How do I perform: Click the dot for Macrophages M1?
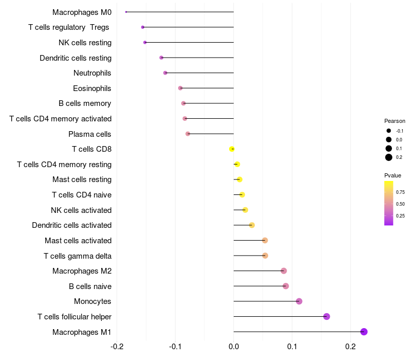point(364,332)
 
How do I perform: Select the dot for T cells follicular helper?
point(326,316)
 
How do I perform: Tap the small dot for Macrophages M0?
point(126,12)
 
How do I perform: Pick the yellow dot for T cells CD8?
point(232,149)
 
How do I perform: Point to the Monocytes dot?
point(299,301)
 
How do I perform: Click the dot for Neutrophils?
point(165,73)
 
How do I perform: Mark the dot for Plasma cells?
point(188,134)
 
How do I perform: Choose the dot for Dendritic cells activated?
point(252,225)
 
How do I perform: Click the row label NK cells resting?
point(85,43)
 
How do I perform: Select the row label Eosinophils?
point(92,88)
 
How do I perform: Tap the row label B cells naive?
point(90,286)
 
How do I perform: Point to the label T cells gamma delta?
point(78,256)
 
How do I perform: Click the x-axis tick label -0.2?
point(117,347)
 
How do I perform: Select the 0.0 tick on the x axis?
point(234,347)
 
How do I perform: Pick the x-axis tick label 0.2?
point(350,347)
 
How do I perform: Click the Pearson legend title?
point(395,121)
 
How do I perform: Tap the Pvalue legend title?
point(393,175)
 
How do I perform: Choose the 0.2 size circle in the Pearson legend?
point(389,157)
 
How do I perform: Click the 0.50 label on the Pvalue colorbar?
point(400,204)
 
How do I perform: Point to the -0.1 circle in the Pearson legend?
point(389,131)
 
